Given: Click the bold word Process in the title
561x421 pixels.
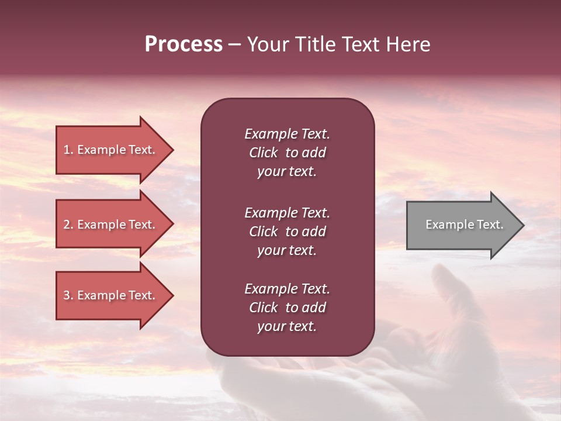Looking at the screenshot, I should (183, 44).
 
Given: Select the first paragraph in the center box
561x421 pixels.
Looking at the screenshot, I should (287, 153).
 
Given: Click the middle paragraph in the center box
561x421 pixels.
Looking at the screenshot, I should (287, 232).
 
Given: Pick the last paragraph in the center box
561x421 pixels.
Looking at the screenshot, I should (287, 308).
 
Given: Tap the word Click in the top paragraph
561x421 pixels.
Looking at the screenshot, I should (263, 153).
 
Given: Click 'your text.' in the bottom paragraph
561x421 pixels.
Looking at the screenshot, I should (287, 327).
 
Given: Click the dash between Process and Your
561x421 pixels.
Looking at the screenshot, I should (234, 45).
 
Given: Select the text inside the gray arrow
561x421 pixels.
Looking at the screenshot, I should (465, 225).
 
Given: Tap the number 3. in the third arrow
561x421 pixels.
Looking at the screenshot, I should (68, 295).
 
